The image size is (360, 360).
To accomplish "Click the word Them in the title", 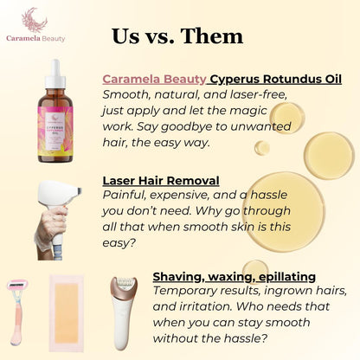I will (212, 35).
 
